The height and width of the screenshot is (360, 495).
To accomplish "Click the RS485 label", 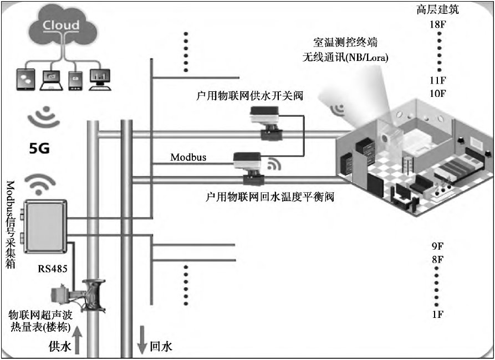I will [53, 269].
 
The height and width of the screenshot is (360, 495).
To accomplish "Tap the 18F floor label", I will [438, 25].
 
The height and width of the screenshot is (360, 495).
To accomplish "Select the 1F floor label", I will [438, 315].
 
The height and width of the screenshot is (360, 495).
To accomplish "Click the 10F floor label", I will [438, 93].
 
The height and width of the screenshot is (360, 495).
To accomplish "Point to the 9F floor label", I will [438, 245].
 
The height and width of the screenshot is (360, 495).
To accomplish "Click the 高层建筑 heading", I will [438, 10].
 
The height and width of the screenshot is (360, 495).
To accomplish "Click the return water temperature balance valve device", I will [248, 166].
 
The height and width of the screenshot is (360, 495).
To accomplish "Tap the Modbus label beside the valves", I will [188, 157].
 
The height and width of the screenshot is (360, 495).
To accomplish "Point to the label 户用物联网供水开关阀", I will [249, 95].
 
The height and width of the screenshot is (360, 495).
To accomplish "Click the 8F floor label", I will [438, 259].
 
